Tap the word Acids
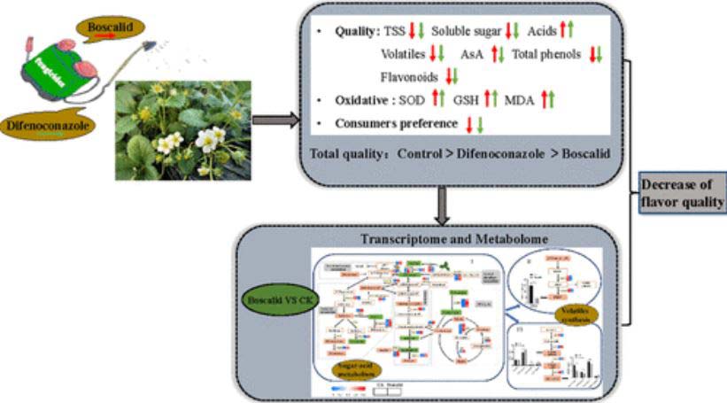tap(542, 32)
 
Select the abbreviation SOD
tap(413, 100)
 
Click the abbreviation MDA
tap(520, 100)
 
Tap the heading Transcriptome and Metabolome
tap(456, 240)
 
